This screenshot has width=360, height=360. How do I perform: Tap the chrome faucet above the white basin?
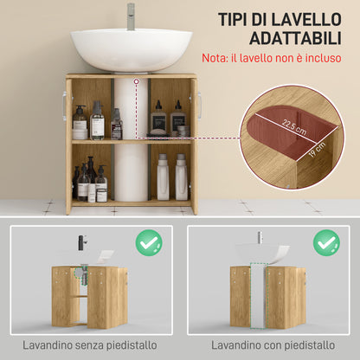point(131,16)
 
